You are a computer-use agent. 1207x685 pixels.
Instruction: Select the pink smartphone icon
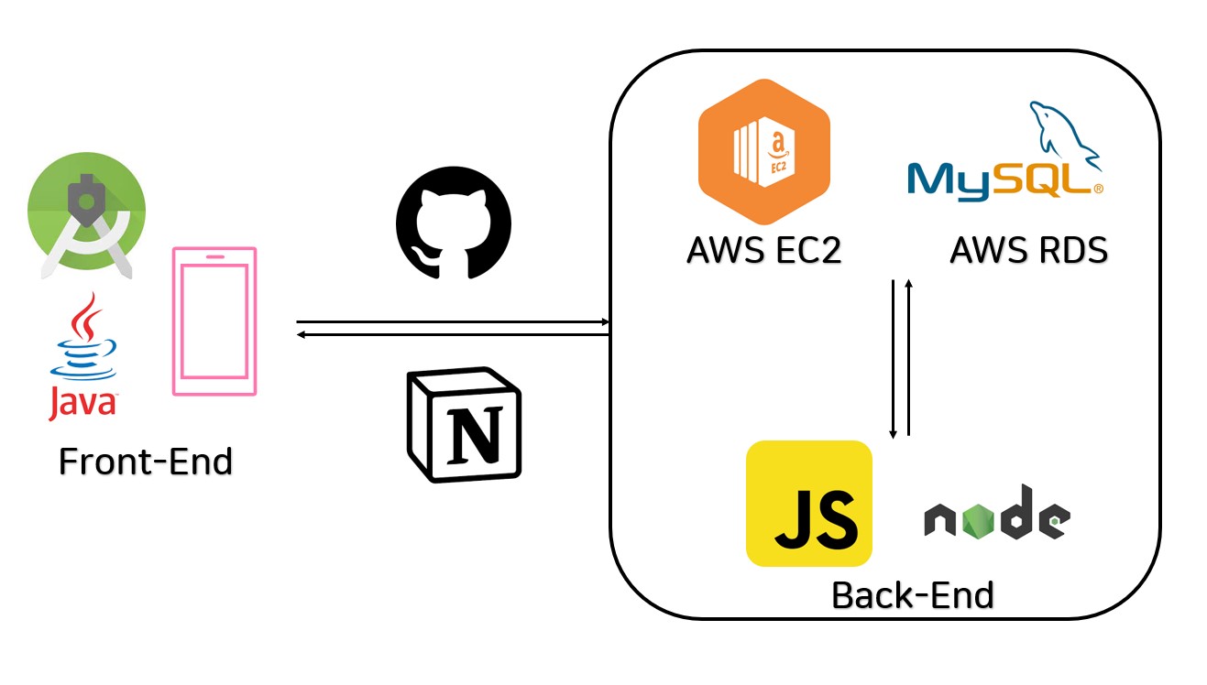click(x=214, y=321)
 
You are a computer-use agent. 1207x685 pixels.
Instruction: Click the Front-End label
click(x=146, y=461)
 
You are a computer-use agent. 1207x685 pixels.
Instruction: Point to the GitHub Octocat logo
click(x=453, y=223)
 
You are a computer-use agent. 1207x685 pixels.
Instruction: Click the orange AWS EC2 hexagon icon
click(x=763, y=151)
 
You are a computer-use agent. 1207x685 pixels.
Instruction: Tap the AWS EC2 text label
click(x=763, y=249)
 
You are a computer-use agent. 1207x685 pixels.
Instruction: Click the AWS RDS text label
click(x=1028, y=249)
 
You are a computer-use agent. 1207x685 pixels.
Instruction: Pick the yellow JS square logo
click(x=808, y=504)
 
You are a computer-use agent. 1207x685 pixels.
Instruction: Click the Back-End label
click(x=912, y=595)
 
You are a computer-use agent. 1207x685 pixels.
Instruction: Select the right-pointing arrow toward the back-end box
click(x=454, y=322)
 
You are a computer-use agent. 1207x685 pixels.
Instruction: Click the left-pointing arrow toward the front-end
click(x=454, y=335)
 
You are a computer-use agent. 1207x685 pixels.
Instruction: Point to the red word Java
click(x=82, y=402)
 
